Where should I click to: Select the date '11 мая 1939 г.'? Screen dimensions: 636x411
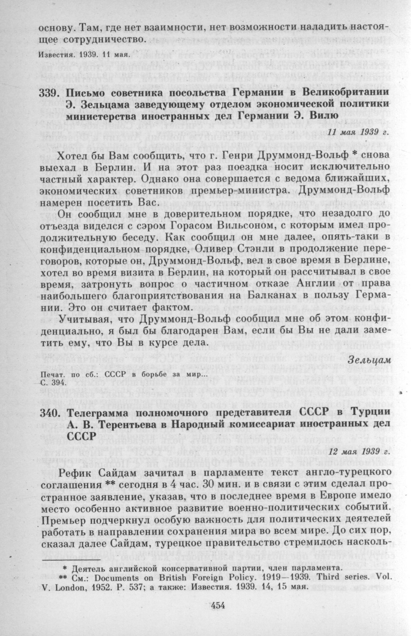(359, 130)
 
